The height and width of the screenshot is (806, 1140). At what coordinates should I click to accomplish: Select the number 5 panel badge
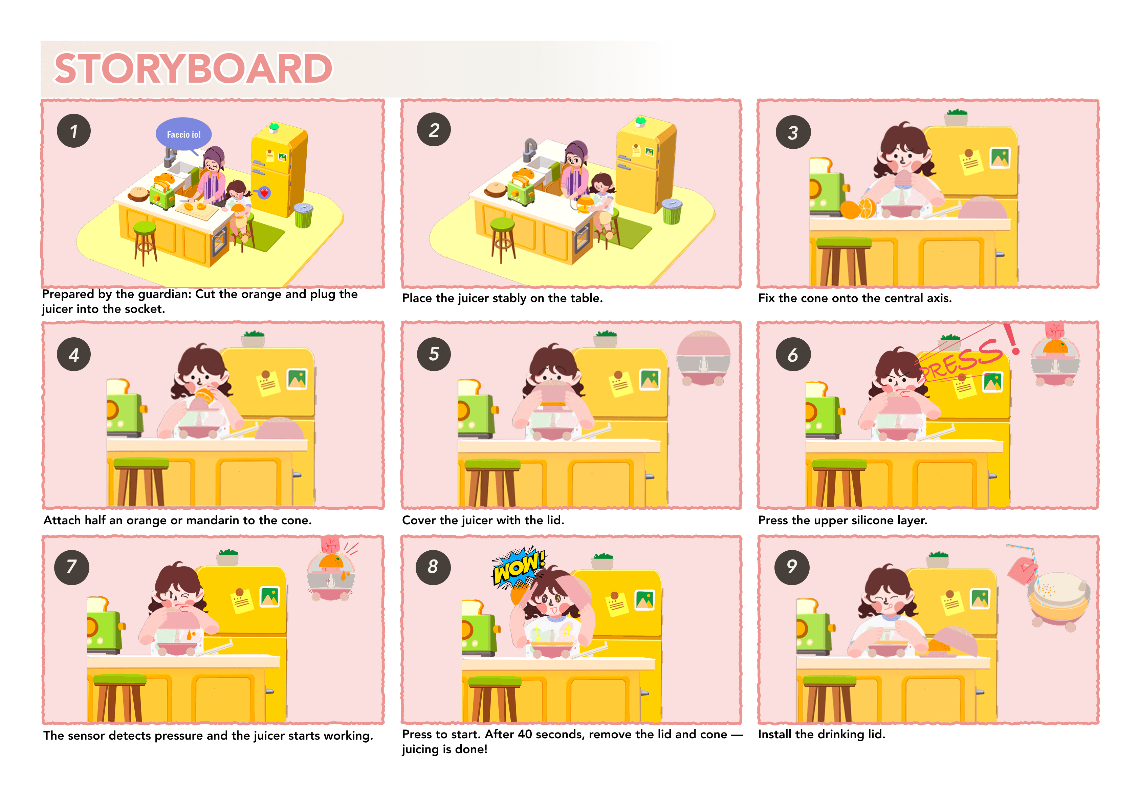click(434, 354)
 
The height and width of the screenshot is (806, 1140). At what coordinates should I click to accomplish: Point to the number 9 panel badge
click(792, 567)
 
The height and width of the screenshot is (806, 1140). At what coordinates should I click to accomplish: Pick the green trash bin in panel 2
click(672, 211)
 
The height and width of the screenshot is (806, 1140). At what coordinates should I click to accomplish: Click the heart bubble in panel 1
click(264, 192)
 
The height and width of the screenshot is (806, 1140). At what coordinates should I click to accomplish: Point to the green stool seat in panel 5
click(492, 465)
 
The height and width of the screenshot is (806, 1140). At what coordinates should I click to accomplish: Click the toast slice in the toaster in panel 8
click(472, 607)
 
